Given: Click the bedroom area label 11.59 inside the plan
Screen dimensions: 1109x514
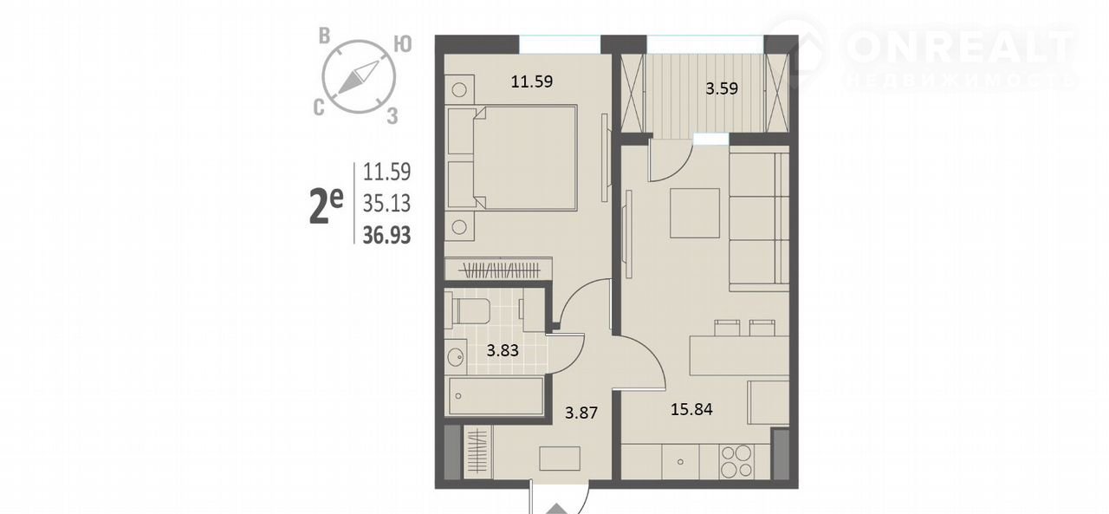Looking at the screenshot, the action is pos(532,81).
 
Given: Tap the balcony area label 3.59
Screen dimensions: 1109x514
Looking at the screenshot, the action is pos(722,88).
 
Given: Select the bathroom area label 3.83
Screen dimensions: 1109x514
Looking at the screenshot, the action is pos(503,350).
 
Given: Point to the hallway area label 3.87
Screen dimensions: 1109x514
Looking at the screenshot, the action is pos(581,413).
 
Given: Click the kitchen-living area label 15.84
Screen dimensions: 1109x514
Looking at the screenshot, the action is pos(691,409).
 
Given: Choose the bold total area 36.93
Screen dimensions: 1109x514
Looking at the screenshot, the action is pos(386,235).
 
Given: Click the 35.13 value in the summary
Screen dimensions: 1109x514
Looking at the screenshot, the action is pos(386,203).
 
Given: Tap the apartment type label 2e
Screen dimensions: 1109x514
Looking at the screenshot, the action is pos(326,208).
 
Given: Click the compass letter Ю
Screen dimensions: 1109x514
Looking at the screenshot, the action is pos(403,44).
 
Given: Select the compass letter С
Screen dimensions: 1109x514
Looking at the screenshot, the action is pos(319,107).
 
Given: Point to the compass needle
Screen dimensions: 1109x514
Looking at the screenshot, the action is pos(359,78).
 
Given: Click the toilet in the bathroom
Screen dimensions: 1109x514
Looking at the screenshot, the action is pos(468,310).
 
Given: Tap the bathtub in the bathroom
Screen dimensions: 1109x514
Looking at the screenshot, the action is pos(496,396).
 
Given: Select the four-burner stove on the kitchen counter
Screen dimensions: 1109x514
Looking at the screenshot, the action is pos(737,461).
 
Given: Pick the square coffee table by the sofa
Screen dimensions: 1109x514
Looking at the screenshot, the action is pos(695,213).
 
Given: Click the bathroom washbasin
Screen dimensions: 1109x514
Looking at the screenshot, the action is pos(455,356).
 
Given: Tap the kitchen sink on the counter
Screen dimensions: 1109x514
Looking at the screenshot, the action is pos(681,461).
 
